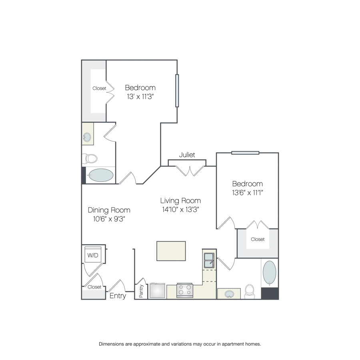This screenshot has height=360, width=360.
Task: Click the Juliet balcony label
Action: [x=187, y=155]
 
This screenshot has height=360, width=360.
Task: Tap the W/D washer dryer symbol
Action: [x=93, y=255]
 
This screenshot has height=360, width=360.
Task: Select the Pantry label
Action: [x=141, y=291]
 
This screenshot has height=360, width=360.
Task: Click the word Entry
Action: [x=118, y=296]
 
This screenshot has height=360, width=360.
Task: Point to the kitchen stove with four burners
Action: [x=184, y=290]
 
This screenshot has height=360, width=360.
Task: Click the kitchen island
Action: [x=171, y=251]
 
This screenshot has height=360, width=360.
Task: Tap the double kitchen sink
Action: [x=209, y=260]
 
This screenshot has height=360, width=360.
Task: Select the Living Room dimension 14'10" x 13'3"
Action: [x=180, y=209]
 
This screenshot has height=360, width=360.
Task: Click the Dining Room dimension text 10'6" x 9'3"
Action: [x=109, y=219]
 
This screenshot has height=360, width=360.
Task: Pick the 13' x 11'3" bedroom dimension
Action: [x=140, y=96]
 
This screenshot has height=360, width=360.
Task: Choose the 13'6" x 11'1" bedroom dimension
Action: [x=247, y=192]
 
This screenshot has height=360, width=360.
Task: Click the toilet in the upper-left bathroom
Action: [x=90, y=158]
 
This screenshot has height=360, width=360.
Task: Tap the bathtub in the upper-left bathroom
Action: [x=101, y=175]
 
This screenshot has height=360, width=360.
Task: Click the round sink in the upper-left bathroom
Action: [x=87, y=137]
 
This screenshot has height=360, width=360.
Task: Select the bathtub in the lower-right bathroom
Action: [x=270, y=273]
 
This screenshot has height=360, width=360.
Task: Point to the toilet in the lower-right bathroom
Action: [x=250, y=292]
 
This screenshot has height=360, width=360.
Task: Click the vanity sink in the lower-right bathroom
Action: [x=229, y=294]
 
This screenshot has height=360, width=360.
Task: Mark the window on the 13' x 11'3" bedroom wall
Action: [x=177, y=91]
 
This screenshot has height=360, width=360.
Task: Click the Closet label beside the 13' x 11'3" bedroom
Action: [x=99, y=88]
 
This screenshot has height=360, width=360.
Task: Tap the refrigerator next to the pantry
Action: [x=157, y=291]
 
